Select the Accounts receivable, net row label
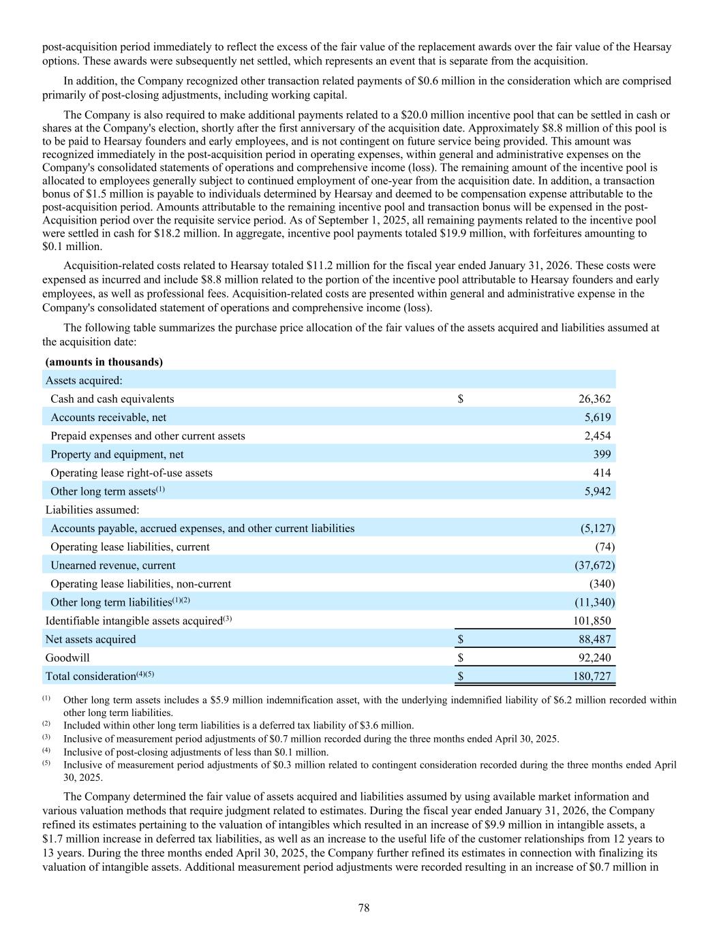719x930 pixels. point(108,417)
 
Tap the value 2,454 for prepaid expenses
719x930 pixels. point(598,435)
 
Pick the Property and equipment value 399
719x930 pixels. point(601,454)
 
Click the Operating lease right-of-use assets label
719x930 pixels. point(131,473)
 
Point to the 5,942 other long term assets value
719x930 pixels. point(598,491)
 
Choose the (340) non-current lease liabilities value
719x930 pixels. point(602,584)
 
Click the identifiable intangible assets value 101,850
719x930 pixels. point(592,621)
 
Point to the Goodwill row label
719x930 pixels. point(67,657)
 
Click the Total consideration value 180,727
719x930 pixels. point(592,676)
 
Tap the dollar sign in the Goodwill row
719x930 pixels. point(461,657)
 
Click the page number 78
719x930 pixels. point(364,908)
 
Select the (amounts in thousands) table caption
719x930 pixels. point(104,362)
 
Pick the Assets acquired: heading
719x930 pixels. point(83,380)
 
